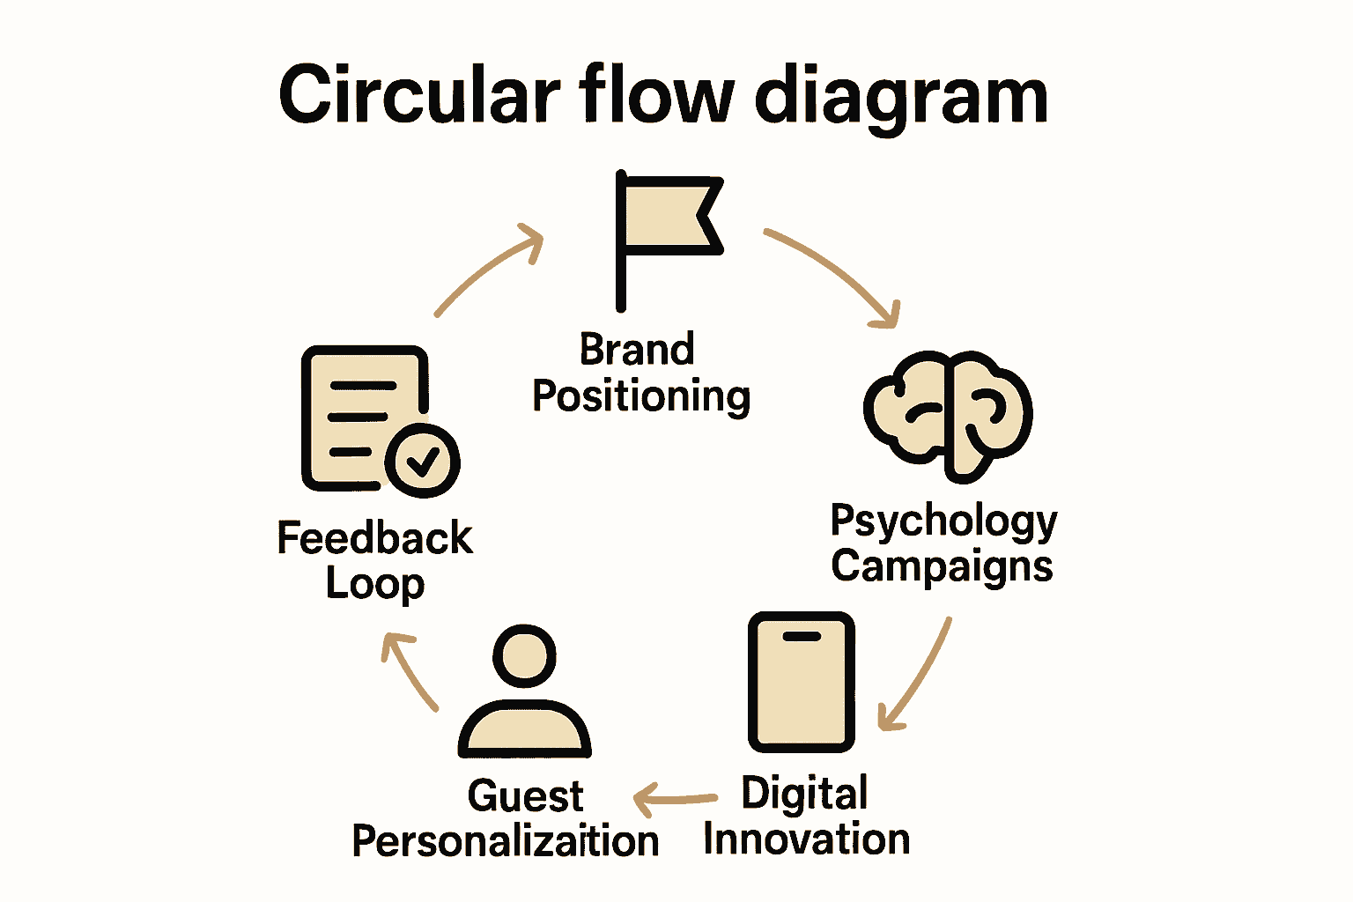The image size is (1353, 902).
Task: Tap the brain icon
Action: click(x=949, y=414)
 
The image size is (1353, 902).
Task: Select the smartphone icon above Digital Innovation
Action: click(x=802, y=682)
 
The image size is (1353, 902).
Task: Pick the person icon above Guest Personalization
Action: click(x=525, y=696)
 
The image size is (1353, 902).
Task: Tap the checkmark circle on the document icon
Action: click(x=423, y=460)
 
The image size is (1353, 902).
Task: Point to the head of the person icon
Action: click(x=525, y=656)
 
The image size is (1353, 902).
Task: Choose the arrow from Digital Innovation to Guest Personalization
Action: click(x=675, y=800)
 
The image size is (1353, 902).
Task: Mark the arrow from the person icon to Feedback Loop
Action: click(x=407, y=669)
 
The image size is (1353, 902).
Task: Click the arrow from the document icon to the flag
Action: click(x=490, y=268)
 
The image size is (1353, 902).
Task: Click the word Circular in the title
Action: click(x=419, y=95)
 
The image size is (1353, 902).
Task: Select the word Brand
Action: click(x=637, y=350)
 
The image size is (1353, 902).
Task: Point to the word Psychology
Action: click(x=943, y=521)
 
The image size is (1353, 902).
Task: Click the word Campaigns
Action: click(x=942, y=566)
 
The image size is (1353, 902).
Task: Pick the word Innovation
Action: click(x=806, y=839)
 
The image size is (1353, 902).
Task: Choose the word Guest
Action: click(x=525, y=796)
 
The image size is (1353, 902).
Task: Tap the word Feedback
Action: click(x=374, y=538)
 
